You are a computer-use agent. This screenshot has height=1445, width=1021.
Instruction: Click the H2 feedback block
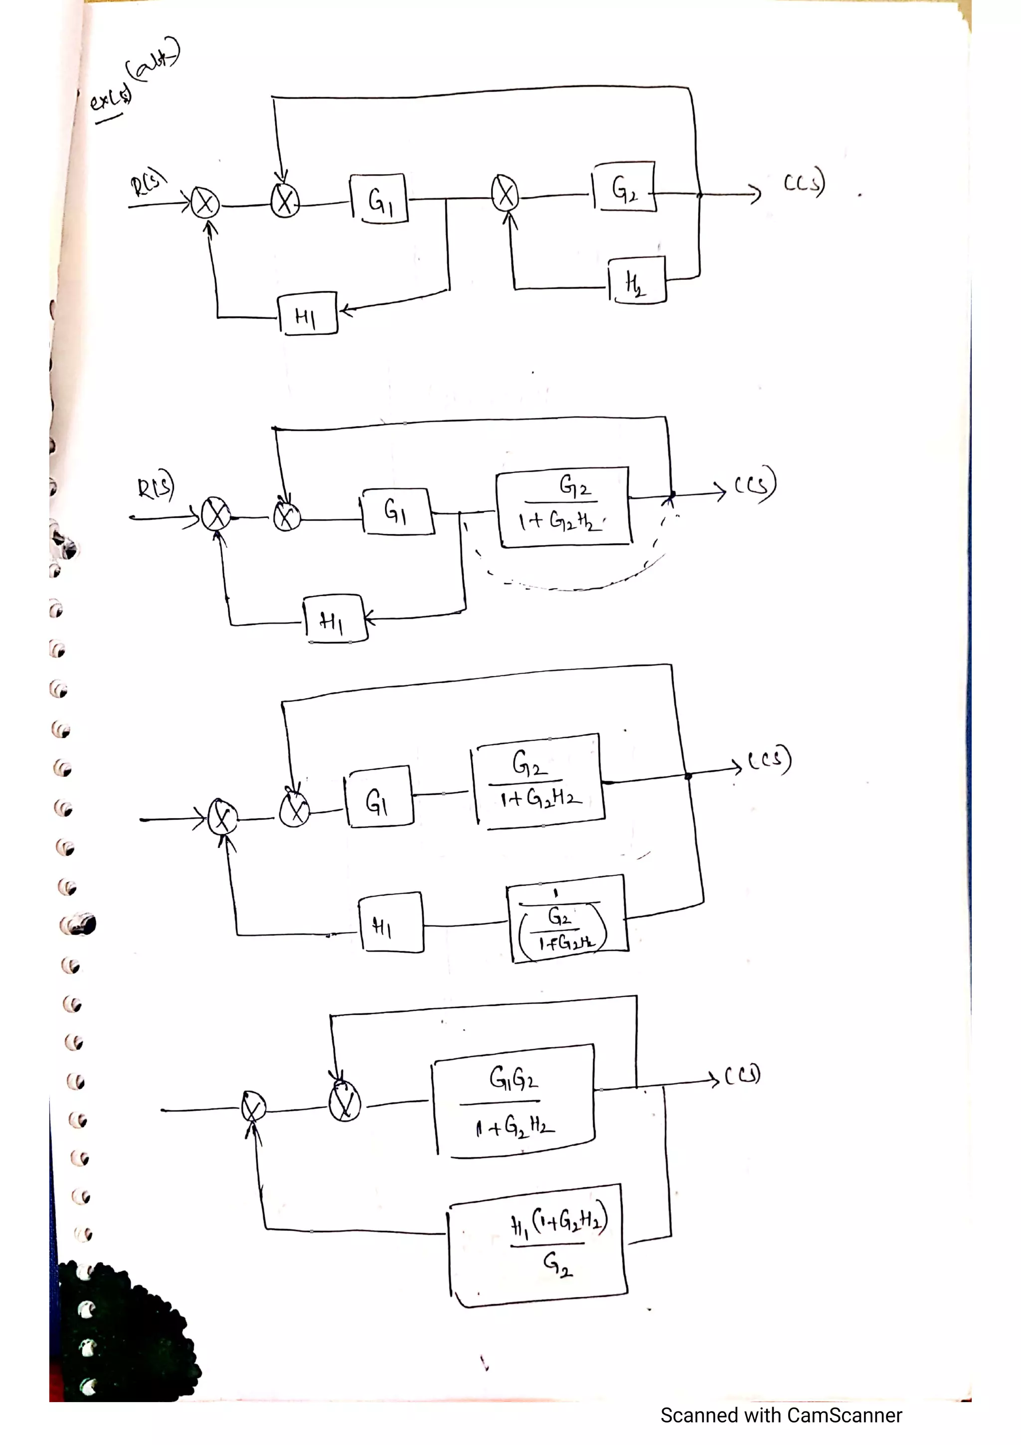637,281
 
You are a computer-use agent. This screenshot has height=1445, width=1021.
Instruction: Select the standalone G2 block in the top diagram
624,187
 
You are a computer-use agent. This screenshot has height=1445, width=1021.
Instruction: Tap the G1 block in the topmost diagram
379,199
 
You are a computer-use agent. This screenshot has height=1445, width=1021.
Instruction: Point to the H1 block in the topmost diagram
307,314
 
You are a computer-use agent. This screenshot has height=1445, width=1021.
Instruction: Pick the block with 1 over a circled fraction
567,919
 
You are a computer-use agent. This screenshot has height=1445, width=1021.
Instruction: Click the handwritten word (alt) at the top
153,61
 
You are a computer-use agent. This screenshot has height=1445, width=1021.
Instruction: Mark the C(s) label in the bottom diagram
743,1075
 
